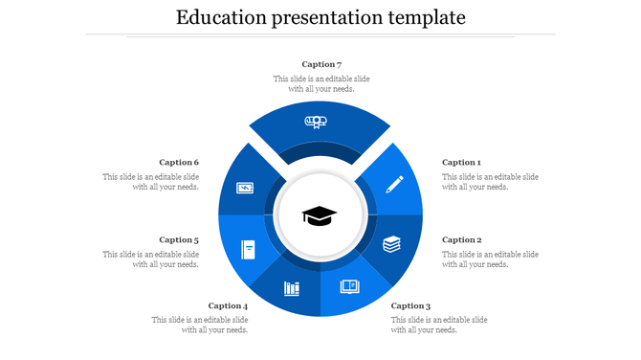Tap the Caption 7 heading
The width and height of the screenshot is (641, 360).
coord(321,64)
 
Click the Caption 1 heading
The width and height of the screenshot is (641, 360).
coord(461,163)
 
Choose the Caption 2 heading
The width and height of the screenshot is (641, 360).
coord(461,240)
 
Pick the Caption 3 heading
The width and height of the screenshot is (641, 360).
coord(410,306)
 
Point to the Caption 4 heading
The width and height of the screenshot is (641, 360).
coord(229,306)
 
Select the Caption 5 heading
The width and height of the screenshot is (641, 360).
coord(179,240)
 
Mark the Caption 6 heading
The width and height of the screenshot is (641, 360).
coord(179,163)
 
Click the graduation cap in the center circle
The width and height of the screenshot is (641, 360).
coord(320,216)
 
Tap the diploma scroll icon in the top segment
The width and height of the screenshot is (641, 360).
coord(317,122)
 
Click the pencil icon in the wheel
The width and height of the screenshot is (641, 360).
coord(394,184)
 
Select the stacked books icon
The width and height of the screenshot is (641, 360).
coord(392,245)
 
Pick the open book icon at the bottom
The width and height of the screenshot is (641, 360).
coord(350,286)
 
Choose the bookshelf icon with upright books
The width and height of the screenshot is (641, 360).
coord(292,288)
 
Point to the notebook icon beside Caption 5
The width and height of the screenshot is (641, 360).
coord(248,250)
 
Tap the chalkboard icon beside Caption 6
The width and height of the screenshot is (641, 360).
coord(245,188)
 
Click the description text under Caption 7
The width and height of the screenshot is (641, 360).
coord(321,84)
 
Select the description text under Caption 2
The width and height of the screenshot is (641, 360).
coord(490,259)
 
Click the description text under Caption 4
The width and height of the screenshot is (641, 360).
coord(201,325)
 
